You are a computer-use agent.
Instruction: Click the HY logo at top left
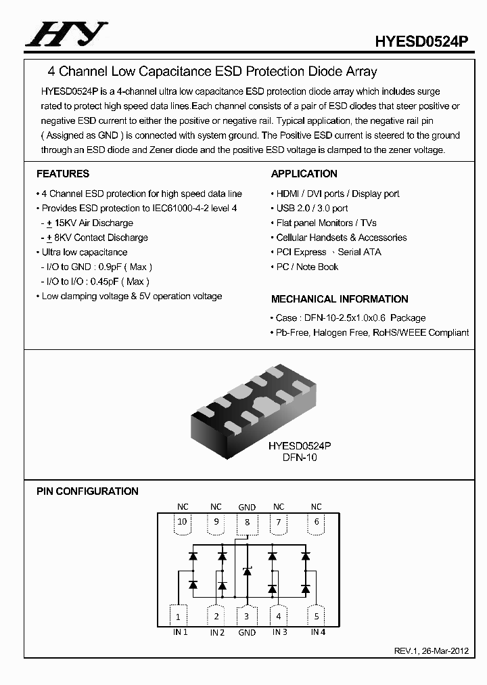[66, 33]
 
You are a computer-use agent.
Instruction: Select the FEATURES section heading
[63, 174]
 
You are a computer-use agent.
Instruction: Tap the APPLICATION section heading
[304, 174]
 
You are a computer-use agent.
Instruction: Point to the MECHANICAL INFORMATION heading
[340, 299]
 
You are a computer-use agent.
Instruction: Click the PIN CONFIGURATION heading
[87, 491]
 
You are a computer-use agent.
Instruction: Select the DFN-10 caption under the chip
[299, 458]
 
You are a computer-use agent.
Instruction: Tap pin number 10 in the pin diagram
[182, 522]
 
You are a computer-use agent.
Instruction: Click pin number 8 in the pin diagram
[248, 522]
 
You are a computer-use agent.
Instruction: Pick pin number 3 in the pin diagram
[247, 617]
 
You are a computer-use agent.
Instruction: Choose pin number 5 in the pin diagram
[316, 617]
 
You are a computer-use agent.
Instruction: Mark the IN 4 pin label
[318, 632]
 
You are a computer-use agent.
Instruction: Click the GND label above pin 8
[247, 507]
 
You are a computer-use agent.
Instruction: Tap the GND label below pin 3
[247, 633]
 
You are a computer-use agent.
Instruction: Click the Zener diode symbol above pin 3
[247, 571]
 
